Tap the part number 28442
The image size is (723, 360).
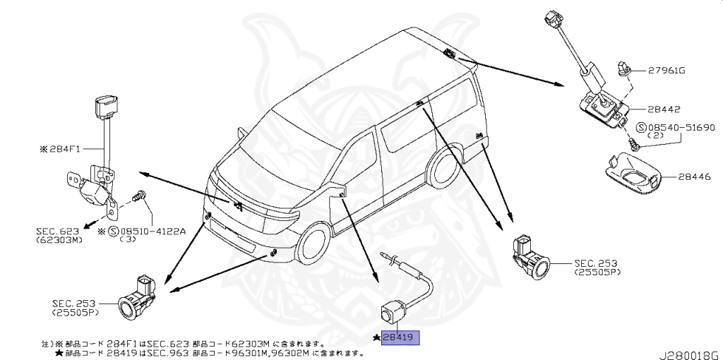point(664,109)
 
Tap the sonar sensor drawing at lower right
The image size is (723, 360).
point(531,256)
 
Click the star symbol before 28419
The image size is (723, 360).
point(376,339)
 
